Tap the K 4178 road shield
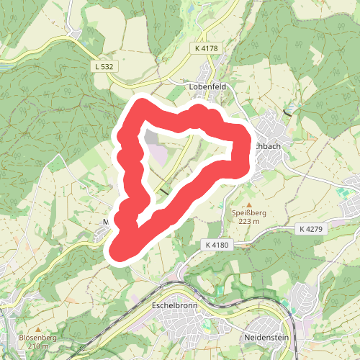pyautogui.click(x=206, y=48)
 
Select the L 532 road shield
pyautogui.click(x=104, y=66)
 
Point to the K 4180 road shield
pyautogui.click(x=216, y=246)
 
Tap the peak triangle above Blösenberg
pyautogui.click(x=29, y=329)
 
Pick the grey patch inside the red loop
pyautogui.click(x=150, y=137)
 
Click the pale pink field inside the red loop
pyautogui.click(x=159, y=155)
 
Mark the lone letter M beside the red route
pyautogui.click(x=106, y=221)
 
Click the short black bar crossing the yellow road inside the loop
pyautogui.click(x=166, y=192)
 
